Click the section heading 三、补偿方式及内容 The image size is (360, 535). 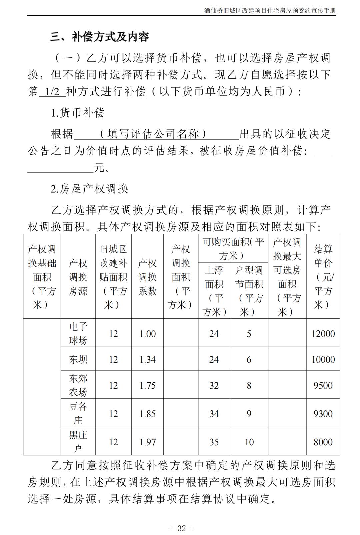pos(100,37)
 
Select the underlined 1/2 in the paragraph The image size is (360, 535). pos(52,92)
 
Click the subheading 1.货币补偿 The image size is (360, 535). pos(77,113)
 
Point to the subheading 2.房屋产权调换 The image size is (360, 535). pos(89,189)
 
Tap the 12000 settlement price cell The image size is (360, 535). pos(323,334)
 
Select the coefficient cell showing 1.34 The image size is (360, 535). pos(148,360)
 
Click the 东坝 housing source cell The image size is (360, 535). pos(78,360)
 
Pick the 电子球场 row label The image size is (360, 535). pos(78,333)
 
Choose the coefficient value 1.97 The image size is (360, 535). pos(148,442)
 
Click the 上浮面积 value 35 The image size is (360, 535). pos(214,442)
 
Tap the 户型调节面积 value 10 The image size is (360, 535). pos(249,442)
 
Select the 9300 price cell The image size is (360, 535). pos(323,414)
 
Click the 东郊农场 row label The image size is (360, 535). pos(78,385)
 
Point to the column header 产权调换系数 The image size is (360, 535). pos(147,277)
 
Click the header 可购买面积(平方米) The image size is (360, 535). pos(233,249)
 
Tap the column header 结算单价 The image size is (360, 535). pos(323,277)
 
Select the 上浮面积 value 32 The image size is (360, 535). pos(214,386)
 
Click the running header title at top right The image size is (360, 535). pos(270,11)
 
